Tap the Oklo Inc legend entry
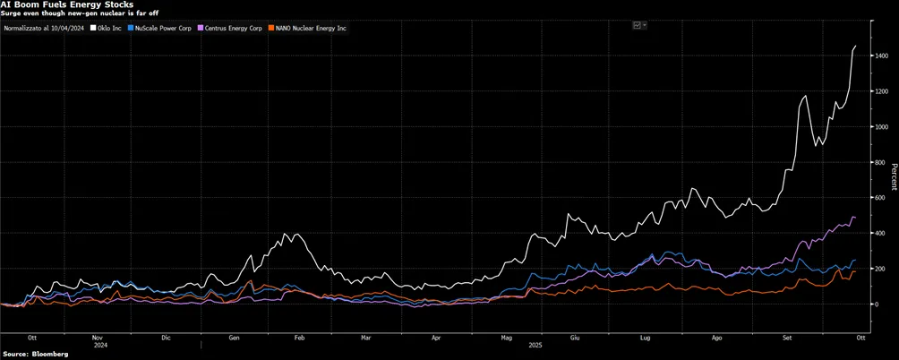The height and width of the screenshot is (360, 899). click(107, 27)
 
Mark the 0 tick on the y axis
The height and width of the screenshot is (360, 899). click(877, 304)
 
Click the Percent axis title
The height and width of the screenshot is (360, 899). click(894, 177)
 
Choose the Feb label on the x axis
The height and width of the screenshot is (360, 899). click(299, 339)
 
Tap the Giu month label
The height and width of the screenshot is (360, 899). click(575, 339)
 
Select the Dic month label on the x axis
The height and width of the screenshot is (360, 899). click(167, 339)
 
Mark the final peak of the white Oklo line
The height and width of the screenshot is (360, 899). click(855, 46)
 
